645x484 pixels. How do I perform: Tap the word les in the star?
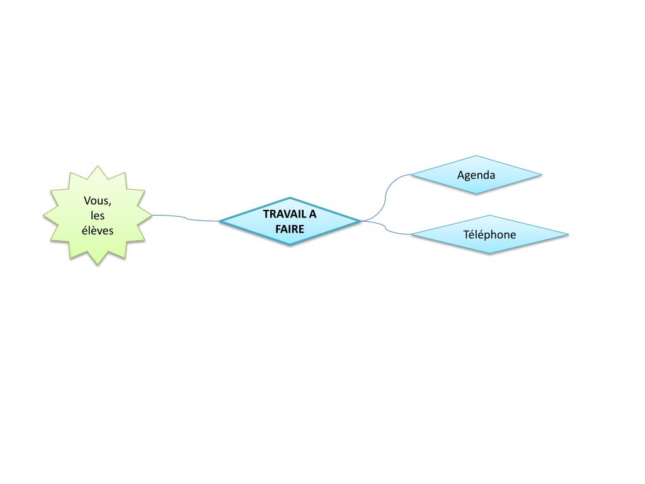coord(97,216)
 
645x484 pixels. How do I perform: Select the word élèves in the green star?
coord(98,230)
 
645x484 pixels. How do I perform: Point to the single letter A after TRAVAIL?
coord(312,214)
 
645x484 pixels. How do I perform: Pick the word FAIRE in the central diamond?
coord(290,229)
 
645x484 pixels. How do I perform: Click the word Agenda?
coord(476,175)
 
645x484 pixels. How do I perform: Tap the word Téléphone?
coord(489,234)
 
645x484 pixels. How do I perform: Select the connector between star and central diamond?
coord(186,218)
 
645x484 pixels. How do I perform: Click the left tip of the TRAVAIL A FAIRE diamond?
coord(221,221)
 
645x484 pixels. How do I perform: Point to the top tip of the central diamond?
coord(290,198)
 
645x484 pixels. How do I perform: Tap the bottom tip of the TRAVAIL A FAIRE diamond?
coord(290,245)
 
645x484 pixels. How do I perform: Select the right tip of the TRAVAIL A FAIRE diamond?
coord(360,221)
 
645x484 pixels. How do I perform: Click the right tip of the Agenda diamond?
coord(540,175)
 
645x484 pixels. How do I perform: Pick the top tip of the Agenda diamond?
coord(476,156)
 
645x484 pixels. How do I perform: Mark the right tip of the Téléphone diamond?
coord(568,234)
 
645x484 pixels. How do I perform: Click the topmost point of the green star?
coord(97,166)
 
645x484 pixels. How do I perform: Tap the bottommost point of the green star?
coord(97,265)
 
